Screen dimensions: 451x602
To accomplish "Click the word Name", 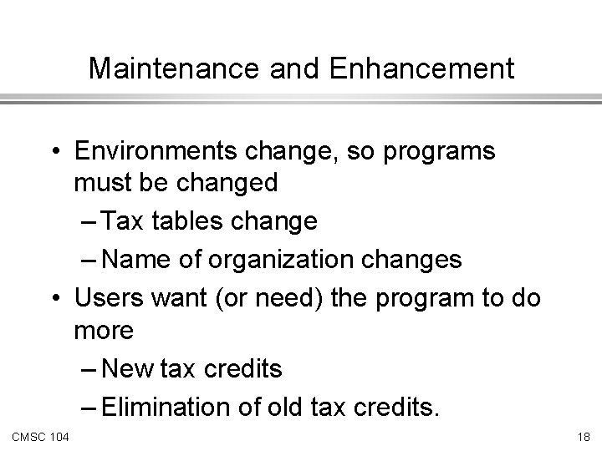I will click(x=136, y=260).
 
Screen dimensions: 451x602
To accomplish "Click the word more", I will click(x=104, y=332).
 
